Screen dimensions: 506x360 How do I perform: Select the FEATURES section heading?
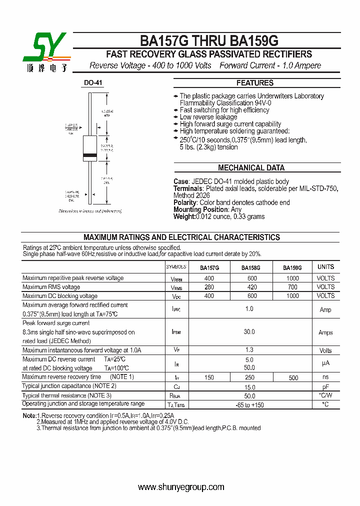(x=254, y=83)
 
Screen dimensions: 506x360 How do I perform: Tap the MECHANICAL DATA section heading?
(x=251, y=168)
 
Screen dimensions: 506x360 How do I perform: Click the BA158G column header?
(x=250, y=267)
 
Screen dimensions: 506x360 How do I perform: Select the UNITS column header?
(x=325, y=267)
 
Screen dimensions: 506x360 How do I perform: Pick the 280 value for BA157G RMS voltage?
(x=209, y=287)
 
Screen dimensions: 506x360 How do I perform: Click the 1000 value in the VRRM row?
(x=292, y=278)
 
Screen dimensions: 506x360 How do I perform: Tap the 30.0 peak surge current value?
(x=249, y=332)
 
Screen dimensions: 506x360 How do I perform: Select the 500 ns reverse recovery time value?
(x=293, y=377)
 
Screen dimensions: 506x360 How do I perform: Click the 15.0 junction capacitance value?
(x=249, y=387)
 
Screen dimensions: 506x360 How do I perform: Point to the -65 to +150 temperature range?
(x=249, y=405)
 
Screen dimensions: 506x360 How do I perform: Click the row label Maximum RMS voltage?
(x=51, y=287)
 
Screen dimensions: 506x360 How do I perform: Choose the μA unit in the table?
(x=325, y=363)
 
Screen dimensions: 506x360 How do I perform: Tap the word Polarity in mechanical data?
(x=185, y=202)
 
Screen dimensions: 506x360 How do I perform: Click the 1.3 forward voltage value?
(x=249, y=350)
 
